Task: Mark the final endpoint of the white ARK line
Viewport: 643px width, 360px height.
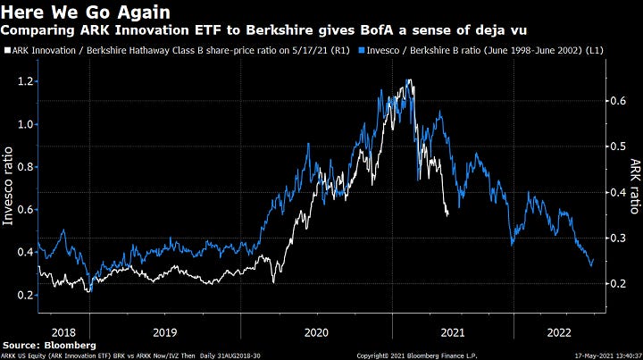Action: (448, 215)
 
